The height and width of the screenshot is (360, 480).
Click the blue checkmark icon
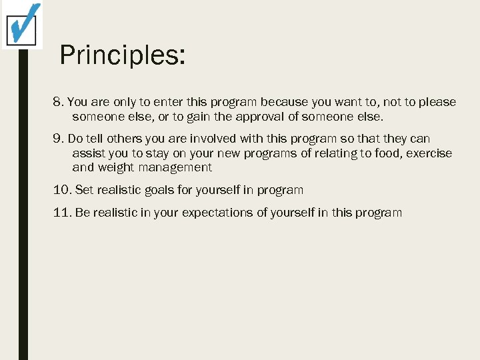(23, 24)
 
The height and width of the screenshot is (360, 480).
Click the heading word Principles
(122, 55)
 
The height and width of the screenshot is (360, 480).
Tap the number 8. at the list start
(58, 103)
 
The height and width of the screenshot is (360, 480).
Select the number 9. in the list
(58, 139)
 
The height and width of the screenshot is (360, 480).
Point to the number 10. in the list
(62, 190)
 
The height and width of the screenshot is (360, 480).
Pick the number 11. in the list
(62, 213)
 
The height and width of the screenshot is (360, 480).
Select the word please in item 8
(438, 103)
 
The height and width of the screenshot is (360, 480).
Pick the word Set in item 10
(83, 190)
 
